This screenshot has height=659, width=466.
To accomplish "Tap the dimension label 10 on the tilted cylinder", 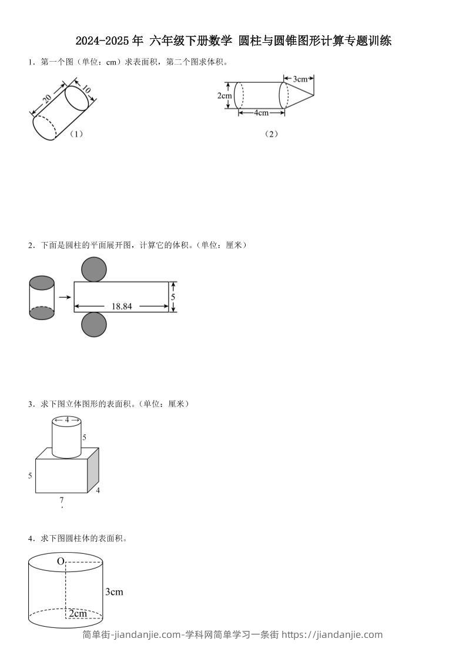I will (86, 90).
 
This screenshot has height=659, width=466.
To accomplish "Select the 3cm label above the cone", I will (300, 78).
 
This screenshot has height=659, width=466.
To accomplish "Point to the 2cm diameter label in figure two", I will (224, 96).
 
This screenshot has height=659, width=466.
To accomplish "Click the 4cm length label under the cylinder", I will (262, 113).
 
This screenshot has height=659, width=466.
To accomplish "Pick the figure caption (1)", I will (76, 134).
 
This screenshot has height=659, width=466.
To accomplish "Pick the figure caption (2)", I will (271, 134).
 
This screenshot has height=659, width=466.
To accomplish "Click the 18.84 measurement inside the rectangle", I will (121, 306).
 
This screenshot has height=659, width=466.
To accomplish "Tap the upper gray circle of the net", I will (94, 270).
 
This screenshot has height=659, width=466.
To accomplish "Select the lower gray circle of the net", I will (94, 325).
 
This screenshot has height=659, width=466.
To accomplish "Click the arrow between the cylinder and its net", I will (65, 297).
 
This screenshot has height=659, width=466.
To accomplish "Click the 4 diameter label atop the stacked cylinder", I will (66, 420).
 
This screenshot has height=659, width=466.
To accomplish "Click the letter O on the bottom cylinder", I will (60, 562).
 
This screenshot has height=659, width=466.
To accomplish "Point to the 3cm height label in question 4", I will (114, 592).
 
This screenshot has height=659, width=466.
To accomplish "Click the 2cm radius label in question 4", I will (78, 614).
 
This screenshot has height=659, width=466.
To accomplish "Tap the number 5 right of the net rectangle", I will (173, 297).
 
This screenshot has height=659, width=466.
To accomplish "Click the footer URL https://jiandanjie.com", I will (332, 634).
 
